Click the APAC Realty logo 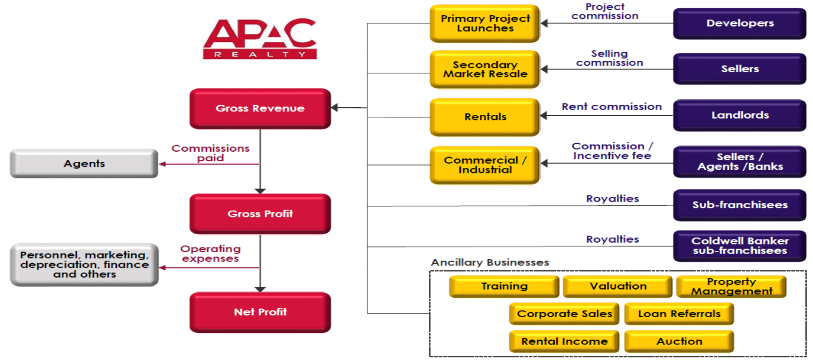[x=260, y=39]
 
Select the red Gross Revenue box [x=260, y=108]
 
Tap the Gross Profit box [x=260, y=214]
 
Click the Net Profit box [x=260, y=312]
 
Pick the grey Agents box [x=84, y=163]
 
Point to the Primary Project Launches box [x=485, y=23]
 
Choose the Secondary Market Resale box [x=485, y=69]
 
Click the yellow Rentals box [x=485, y=117]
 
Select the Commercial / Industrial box [x=485, y=164]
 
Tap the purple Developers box [x=740, y=23]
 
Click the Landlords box [x=740, y=115]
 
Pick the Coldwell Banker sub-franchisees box [x=740, y=246]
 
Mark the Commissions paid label [x=210, y=153]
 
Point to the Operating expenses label [x=210, y=253]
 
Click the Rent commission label [x=611, y=107]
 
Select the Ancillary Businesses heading [x=490, y=262]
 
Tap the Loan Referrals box [x=679, y=314]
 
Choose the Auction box [x=679, y=341]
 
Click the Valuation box [x=618, y=287]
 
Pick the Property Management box [x=732, y=287]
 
